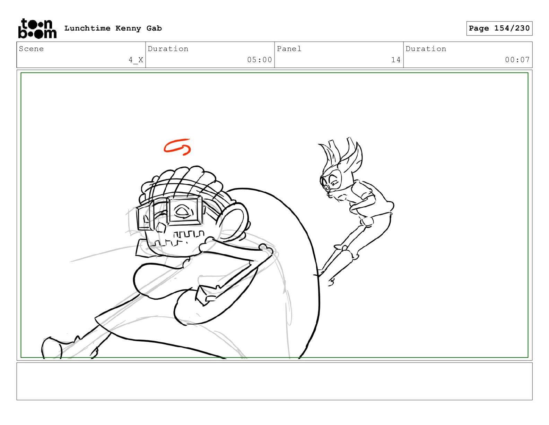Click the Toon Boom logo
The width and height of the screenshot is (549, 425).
click(x=37, y=28)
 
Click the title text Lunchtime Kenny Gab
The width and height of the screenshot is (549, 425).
click(x=113, y=28)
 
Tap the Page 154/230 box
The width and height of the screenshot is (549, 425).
click(x=499, y=28)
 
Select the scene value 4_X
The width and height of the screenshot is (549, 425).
click(x=136, y=60)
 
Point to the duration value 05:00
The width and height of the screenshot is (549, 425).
click(x=260, y=60)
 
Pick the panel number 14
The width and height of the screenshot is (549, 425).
click(x=396, y=60)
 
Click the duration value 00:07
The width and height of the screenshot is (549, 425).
click(x=517, y=60)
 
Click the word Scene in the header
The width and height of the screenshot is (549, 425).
click(x=31, y=49)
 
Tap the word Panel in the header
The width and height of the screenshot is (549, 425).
click(x=289, y=49)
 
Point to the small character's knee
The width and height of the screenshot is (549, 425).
click(x=367, y=223)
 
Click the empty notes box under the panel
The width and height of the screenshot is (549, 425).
click(x=274, y=381)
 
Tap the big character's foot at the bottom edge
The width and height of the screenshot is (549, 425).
click(x=51, y=348)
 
